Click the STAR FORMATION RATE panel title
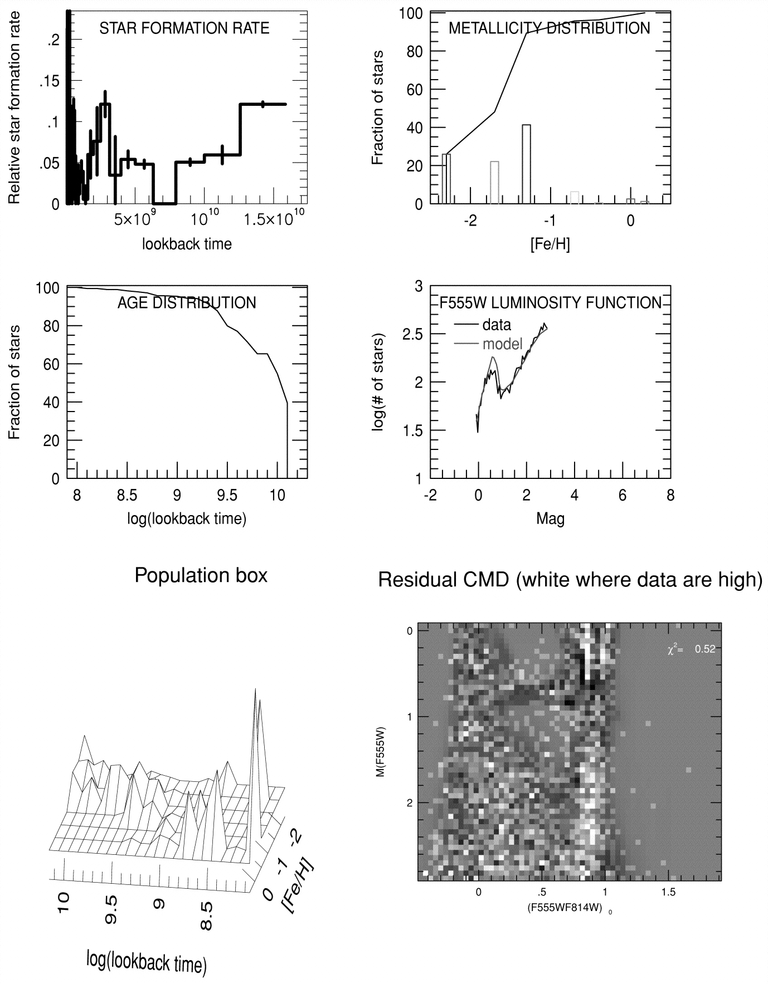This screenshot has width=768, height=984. click(x=184, y=28)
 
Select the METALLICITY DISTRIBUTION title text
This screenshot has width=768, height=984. click(x=549, y=28)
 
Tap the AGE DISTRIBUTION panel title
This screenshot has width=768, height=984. click(x=187, y=303)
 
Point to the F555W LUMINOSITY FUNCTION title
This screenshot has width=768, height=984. click(x=550, y=303)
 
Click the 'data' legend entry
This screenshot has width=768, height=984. click(x=496, y=325)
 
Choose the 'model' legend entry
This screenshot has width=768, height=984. click(x=502, y=344)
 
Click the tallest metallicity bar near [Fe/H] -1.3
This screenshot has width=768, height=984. click(x=526, y=164)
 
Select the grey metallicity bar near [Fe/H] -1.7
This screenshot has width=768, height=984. click(x=494, y=183)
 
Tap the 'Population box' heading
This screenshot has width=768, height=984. click(x=201, y=575)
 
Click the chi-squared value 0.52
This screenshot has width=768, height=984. click(x=704, y=649)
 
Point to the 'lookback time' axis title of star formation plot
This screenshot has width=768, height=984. click(x=187, y=244)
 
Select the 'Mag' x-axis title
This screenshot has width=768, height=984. click(x=550, y=519)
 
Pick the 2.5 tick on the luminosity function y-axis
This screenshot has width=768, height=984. click(x=413, y=334)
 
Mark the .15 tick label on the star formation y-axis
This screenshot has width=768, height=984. click(x=49, y=81)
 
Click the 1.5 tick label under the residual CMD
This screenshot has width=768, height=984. click(x=668, y=892)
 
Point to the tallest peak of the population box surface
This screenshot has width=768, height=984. click(x=255, y=691)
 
